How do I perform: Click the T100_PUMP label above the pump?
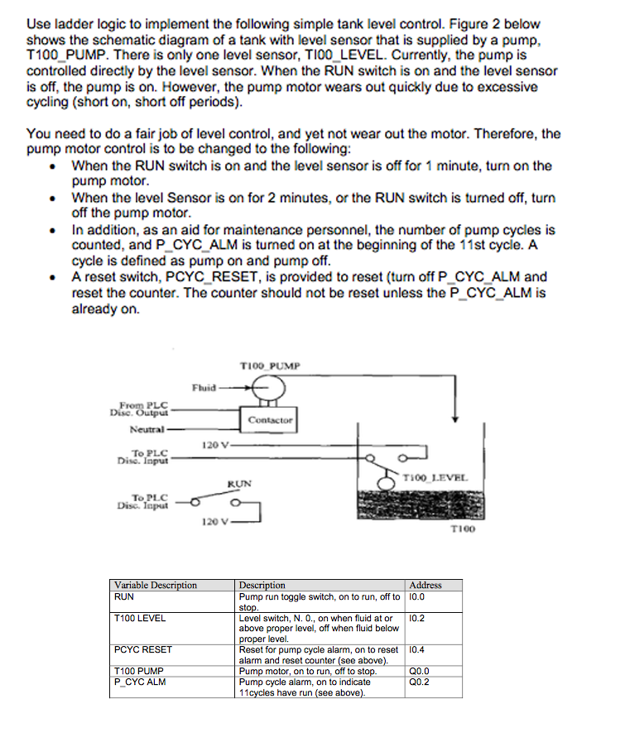[271, 365]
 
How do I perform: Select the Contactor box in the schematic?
[268, 420]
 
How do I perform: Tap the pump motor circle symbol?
[269, 385]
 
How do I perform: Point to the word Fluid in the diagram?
[204, 386]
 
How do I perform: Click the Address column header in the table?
[426, 585]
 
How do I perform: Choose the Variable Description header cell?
[156, 585]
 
